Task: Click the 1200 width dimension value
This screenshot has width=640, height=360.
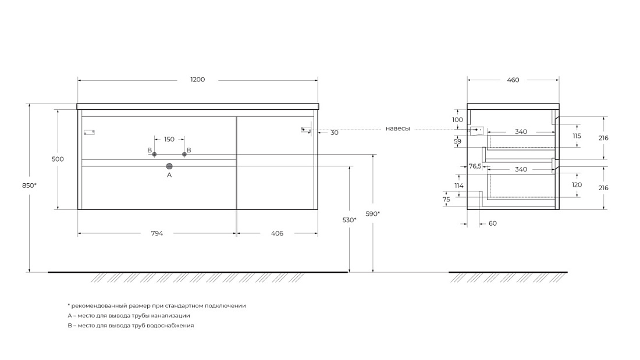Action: (198, 80)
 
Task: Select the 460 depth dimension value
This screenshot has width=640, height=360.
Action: (513, 80)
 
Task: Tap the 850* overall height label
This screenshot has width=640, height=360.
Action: (29, 186)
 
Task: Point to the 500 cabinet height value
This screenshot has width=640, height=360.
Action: (58, 159)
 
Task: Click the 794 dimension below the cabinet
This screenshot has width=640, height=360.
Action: (157, 233)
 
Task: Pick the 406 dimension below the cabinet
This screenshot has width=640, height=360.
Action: (277, 233)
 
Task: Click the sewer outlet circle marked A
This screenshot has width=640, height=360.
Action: (169, 166)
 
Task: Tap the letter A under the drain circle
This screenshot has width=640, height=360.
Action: (169, 175)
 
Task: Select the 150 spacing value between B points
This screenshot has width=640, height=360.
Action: (169, 139)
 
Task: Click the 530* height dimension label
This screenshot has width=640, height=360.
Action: (349, 220)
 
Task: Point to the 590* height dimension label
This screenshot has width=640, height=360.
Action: (372, 213)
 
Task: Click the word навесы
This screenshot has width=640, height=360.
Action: (397, 129)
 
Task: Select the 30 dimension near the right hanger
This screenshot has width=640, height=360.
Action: (335, 133)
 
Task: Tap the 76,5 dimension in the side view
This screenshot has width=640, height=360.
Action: (475, 166)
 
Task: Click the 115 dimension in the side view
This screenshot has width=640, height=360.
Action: (577, 136)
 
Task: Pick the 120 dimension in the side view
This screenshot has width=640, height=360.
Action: (577, 185)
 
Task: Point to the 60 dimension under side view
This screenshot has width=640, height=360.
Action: (493, 223)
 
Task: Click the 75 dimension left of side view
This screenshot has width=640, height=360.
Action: (446, 199)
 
